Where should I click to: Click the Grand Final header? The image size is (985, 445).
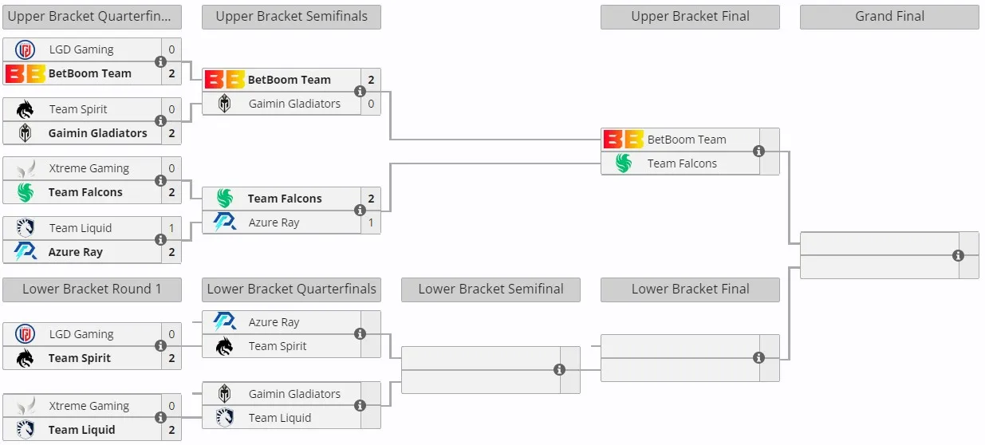click(889, 17)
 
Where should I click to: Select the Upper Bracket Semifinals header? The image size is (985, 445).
click(291, 17)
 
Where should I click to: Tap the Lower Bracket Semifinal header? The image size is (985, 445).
click(491, 289)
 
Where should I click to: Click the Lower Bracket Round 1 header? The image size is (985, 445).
click(92, 289)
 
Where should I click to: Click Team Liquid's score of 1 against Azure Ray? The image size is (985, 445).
click(171, 228)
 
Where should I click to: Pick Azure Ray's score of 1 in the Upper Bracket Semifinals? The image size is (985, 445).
click(371, 222)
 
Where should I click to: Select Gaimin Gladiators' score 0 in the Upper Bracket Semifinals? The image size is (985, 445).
click(371, 104)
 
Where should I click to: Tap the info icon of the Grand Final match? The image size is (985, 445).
click(958, 255)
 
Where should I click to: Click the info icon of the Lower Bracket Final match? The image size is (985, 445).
click(758, 358)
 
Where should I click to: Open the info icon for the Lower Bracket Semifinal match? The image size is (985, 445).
click(559, 370)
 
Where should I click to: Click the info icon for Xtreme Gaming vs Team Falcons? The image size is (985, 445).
click(160, 180)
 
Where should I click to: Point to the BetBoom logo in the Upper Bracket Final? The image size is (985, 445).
click(624, 140)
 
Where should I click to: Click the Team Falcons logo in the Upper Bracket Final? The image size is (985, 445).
click(624, 163)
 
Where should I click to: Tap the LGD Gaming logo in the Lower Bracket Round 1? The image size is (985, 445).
click(25, 334)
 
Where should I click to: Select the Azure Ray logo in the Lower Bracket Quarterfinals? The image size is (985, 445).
click(225, 322)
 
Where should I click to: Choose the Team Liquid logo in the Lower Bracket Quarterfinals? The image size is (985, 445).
click(225, 418)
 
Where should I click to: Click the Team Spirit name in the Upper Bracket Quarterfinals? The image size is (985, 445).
click(78, 109)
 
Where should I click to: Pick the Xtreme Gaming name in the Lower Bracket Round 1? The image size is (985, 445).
click(89, 406)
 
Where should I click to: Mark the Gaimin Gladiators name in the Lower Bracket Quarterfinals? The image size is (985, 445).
click(294, 394)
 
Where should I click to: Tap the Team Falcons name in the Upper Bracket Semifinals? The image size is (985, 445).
click(285, 199)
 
